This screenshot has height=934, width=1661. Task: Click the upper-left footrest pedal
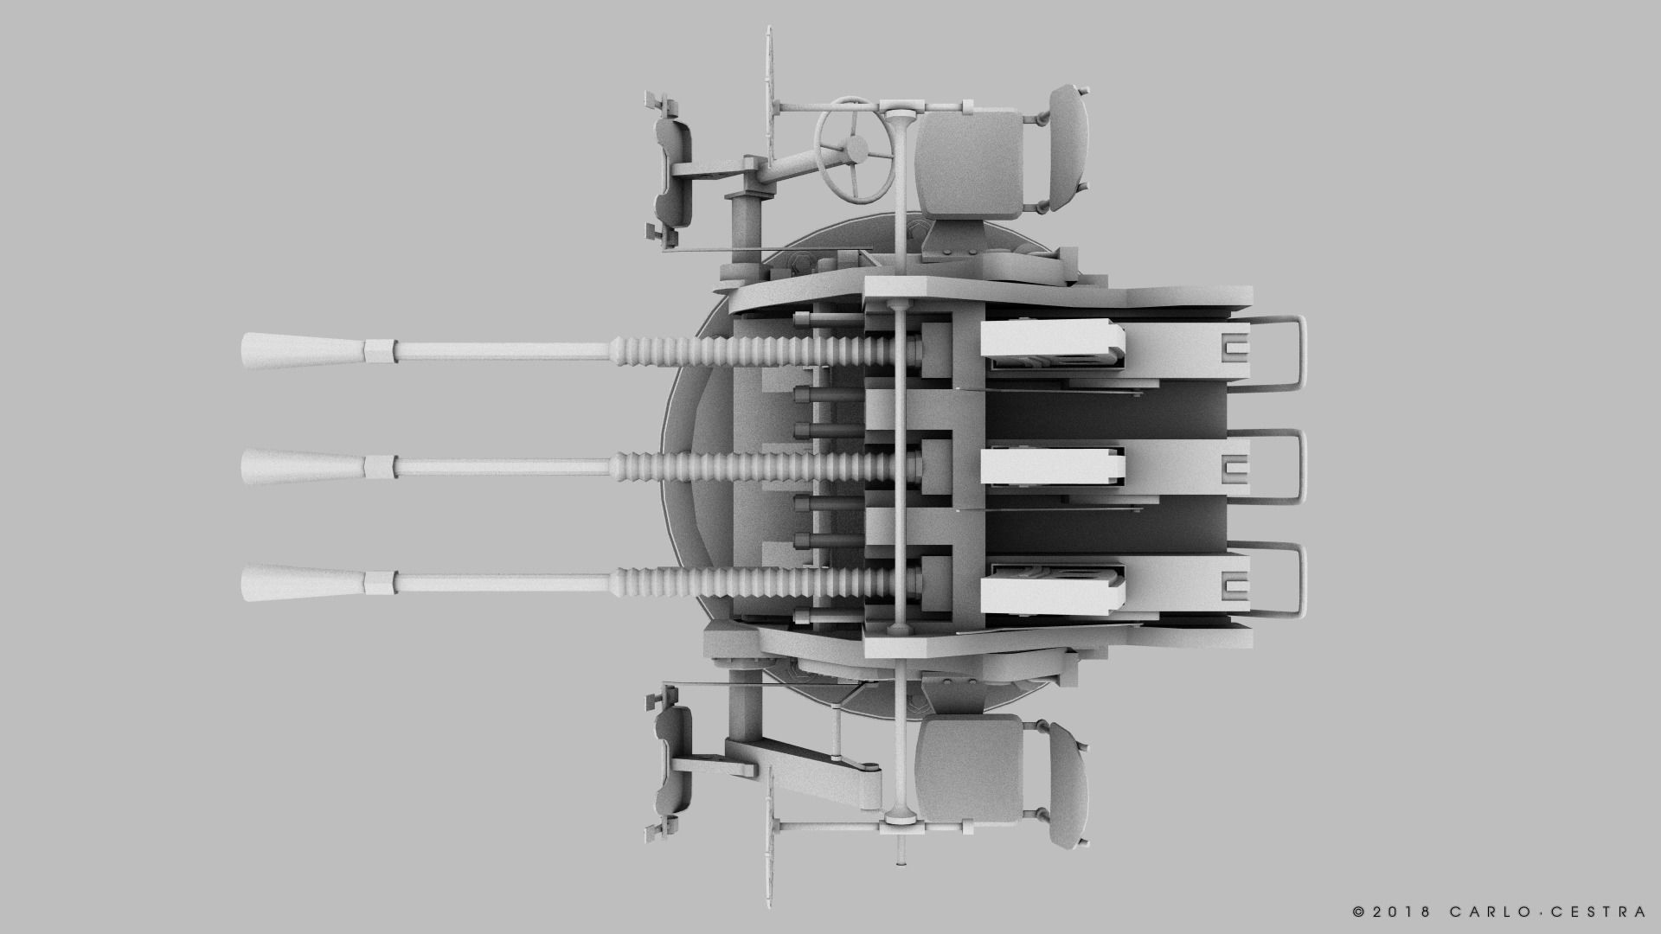(x=670, y=169)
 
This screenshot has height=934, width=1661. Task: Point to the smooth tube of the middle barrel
(x=502, y=467)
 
